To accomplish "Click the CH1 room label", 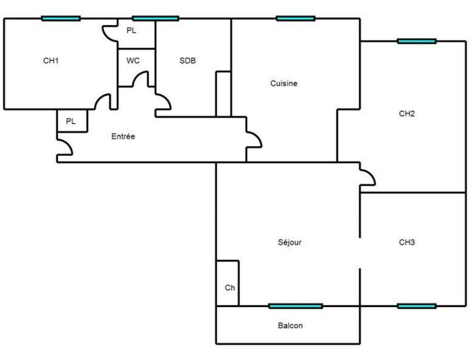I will pyautogui.click(x=51, y=61).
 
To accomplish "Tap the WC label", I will pyautogui.click(x=133, y=61).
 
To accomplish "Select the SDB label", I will pyautogui.click(x=188, y=61).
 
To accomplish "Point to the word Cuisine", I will pyautogui.click(x=284, y=84).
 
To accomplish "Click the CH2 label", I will pyautogui.click(x=407, y=114).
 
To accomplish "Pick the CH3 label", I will pyautogui.click(x=407, y=242).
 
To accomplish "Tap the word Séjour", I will pyautogui.click(x=289, y=242).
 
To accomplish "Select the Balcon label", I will pyautogui.click(x=290, y=326).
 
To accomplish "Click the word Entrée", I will pyautogui.click(x=123, y=136).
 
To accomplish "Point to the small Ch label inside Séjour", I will pyautogui.click(x=230, y=287).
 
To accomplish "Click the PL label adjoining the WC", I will pyautogui.click(x=131, y=31).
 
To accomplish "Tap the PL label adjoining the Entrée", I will pyautogui.click(x=71, y=121).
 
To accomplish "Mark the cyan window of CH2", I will pyautogui.click(x=417, y=41).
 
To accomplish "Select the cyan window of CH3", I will pyautogui.click(x=417, y=306).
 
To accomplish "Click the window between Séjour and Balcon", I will pyautogui.click(x=295, y=306).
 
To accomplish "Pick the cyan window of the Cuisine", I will pyautogui.click(x=295, y=19).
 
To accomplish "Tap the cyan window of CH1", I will pyautogui.click(x=61, y=19).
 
